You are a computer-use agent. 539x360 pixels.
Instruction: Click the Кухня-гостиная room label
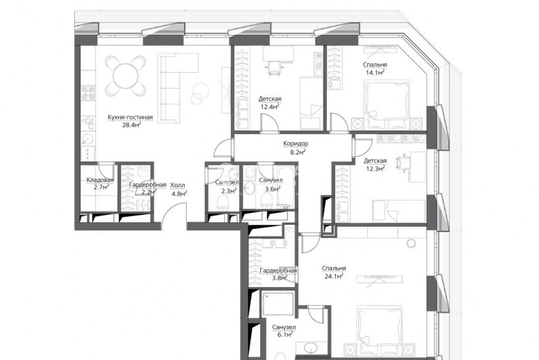(x=130, y=117)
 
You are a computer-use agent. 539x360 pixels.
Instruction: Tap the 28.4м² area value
(x=131, y=125)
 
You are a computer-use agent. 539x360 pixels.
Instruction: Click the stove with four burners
(x=88, y=93)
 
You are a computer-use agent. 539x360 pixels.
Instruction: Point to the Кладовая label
(x=100, y=180)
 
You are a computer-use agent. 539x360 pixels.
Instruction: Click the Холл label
(x=177, y=185)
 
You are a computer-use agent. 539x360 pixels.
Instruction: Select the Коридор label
(x=296, y=144)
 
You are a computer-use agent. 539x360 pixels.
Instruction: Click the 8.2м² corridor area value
(x=298, y=152)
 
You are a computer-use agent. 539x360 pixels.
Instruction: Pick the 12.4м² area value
(x=270, y=106)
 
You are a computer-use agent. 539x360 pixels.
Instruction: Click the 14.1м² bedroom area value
(x=375, y=72)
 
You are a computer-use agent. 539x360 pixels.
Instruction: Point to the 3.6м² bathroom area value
(x=273, y=189)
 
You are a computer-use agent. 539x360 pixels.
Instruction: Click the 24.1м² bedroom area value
(x=334, y=276)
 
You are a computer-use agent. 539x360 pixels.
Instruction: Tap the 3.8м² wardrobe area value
(x=279, y=279)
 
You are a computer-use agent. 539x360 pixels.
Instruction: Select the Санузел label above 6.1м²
(x=284, y=327)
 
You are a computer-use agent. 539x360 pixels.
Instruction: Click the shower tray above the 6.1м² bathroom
(x=278, y=304)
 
